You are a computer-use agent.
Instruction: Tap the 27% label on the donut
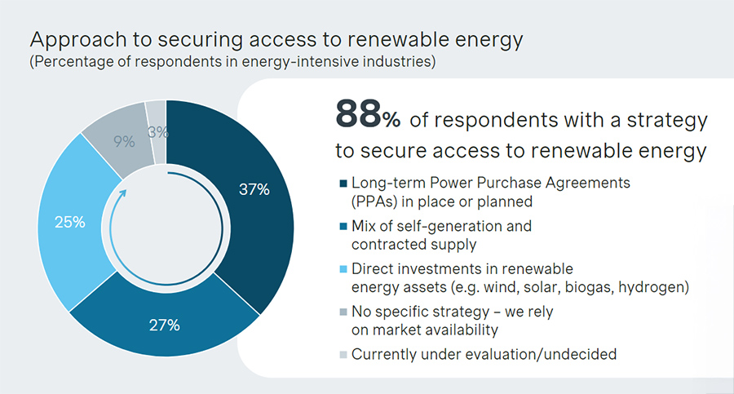163,325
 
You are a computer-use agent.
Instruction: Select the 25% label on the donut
69,223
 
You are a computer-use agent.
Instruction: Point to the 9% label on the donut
124,141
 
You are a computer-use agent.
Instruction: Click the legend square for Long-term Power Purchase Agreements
340,184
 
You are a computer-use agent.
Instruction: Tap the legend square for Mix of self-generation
340,227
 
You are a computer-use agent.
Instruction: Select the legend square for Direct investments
340,270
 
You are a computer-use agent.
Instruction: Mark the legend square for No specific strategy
340,312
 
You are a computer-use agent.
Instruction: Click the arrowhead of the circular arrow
123,195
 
